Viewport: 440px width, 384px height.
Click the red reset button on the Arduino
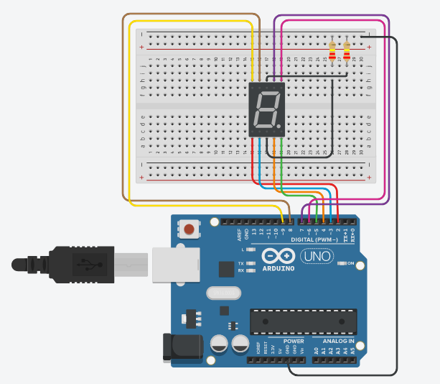tap(189, 229)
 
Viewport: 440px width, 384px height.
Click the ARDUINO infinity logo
tap(278, 256)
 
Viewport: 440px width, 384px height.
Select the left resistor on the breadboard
tap(332, 52)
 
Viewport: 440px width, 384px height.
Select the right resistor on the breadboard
tap(347, 52)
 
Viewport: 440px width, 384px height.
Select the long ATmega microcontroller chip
tap(303, 321)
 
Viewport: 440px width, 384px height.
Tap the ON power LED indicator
tap(342, 264)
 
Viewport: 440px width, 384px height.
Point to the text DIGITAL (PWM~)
tap(316, 239)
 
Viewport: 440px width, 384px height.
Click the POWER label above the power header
tap(294, 340)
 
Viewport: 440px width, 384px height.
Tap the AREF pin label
tap(239, 234)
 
